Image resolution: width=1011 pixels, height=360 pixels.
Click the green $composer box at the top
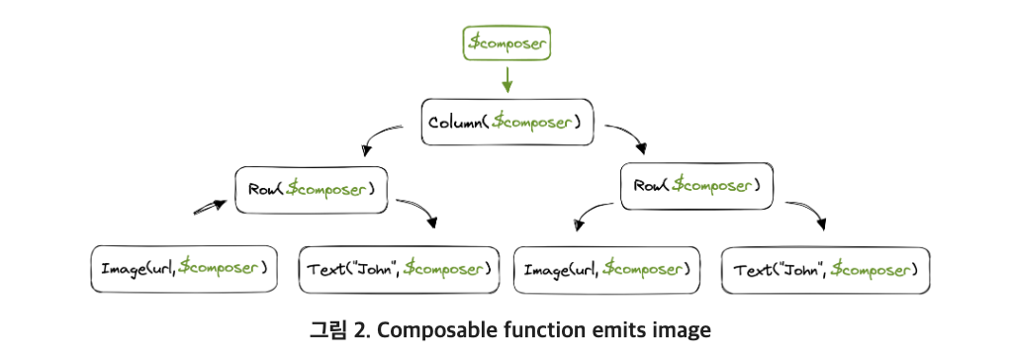(507, 44)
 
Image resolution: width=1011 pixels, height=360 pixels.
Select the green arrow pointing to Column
(507, 79)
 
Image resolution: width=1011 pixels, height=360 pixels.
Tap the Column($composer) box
(507, 122)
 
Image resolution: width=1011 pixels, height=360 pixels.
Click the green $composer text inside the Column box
(532, 122)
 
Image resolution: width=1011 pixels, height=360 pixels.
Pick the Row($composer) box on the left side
(312, 190)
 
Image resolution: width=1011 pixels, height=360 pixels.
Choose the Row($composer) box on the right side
(696, 186)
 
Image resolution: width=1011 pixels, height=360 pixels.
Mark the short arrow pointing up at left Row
(210, 207)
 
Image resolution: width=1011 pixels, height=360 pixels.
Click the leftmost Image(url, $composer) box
(184, 268)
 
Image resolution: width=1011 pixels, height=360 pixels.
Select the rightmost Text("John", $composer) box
(825, 270)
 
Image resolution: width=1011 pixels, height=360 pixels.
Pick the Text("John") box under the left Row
(399, 270)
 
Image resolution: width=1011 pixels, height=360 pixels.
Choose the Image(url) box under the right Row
(606, 270)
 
